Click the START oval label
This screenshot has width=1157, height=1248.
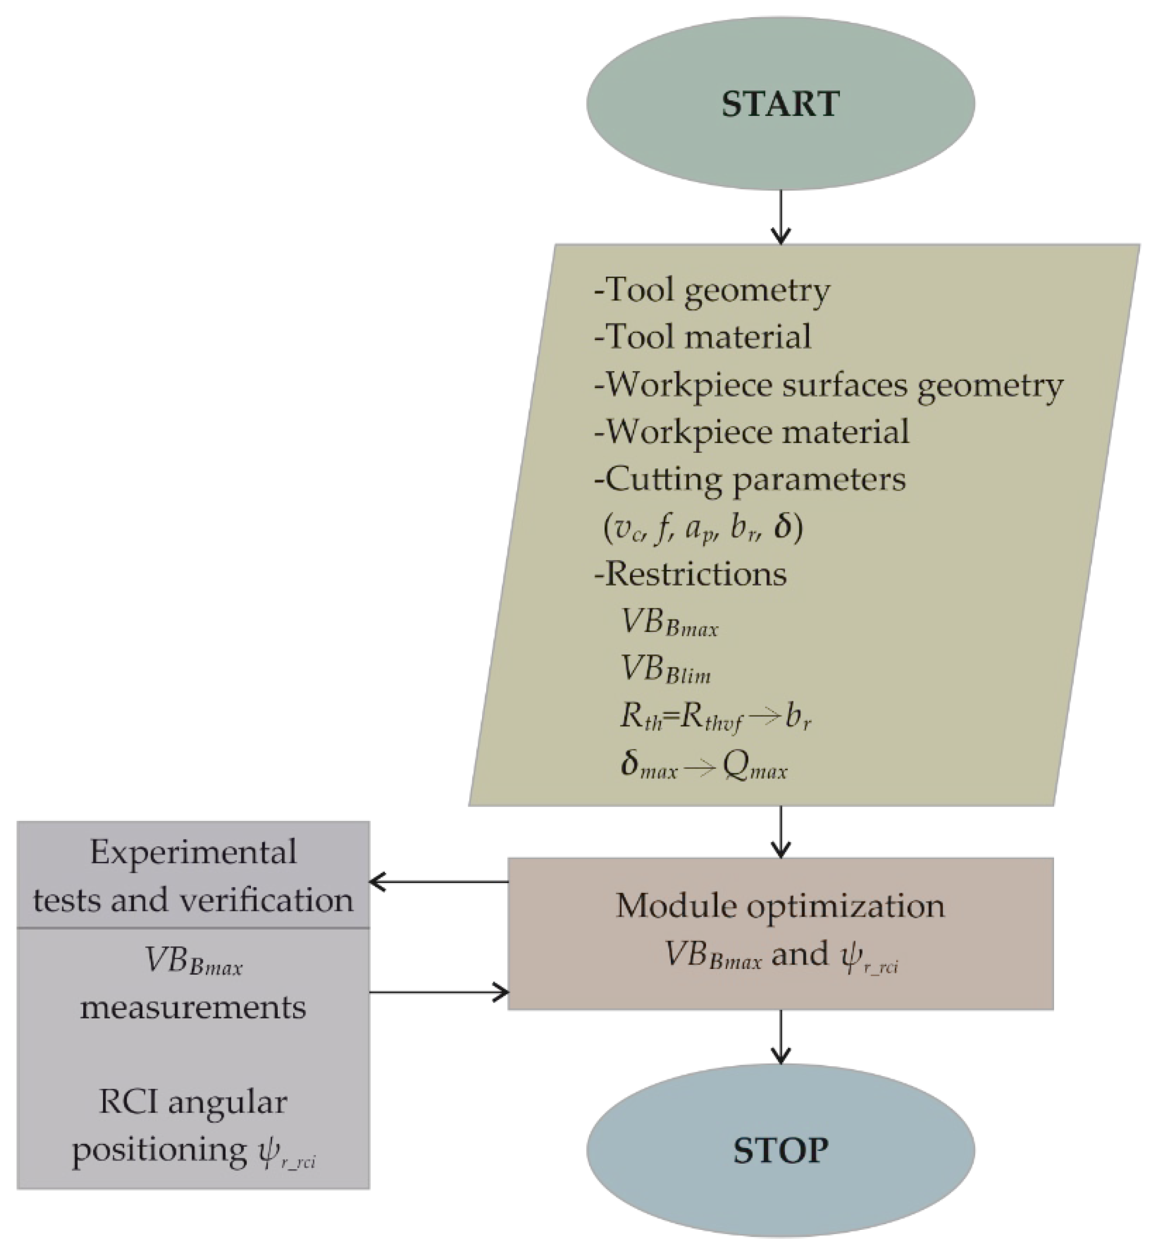click(x=780, y=104)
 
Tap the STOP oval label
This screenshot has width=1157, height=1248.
click(x=780, y=1150)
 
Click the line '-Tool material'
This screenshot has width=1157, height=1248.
click(x=702, y=337)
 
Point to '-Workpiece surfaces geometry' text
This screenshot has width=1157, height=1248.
click(x=828, y=385)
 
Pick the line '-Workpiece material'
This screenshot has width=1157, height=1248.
click(x=752, y=432)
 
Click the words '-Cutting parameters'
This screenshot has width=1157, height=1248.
click(x=749, y=480)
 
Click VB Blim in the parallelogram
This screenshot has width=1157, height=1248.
click(x=666, y=670)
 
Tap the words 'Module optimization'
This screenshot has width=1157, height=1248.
click(x=780, y=906)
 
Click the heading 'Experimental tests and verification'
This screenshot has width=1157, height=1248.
click(x=193, y=876)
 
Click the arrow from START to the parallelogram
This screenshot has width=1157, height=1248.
click(x=780, y=217)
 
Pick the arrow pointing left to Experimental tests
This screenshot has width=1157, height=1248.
click(x=438, y=882)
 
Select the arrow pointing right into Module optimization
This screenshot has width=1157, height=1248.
click(x=438, y=992)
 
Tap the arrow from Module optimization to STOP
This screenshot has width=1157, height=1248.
click(x=780, y=1036)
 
